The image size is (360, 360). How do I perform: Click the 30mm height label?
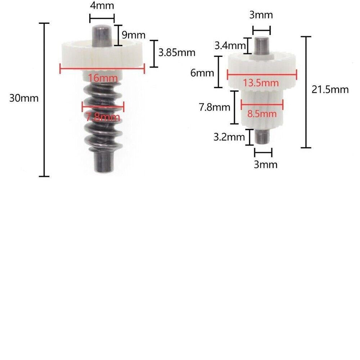tap(24, 98)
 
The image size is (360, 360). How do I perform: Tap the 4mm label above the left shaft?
tap(102, 6)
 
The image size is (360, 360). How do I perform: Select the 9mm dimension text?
tap(134, 35)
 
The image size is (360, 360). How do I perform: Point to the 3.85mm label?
tap(177, 53)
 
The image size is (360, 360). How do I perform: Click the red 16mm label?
tap(103, 78)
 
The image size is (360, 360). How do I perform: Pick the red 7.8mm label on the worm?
tap(103, 117)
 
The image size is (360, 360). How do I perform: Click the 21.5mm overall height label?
tap(330, 89)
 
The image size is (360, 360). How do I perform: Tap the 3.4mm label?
tap(230, 45)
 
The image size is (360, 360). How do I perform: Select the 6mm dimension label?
tap(202, 73)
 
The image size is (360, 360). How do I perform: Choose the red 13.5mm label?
tap(261, 83)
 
